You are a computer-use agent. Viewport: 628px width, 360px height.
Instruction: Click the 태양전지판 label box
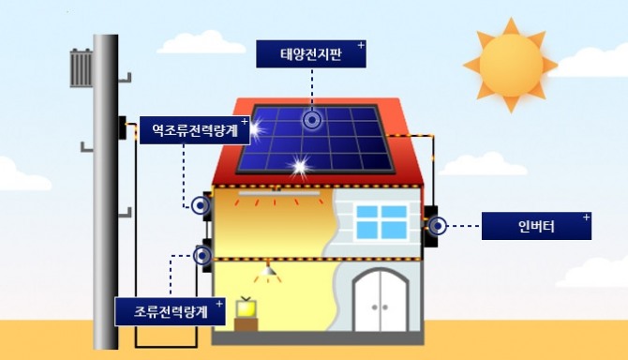click(311, 53)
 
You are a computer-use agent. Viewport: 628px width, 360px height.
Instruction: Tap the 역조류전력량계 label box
click(195, 129)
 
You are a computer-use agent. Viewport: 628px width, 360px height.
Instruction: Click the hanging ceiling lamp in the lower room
click(270, 272)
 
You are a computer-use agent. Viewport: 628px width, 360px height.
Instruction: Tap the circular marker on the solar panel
click(312, 119)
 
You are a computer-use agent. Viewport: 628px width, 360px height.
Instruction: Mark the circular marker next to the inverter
click(438, 225)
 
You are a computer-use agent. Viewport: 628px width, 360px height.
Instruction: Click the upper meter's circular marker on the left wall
click(200, 206)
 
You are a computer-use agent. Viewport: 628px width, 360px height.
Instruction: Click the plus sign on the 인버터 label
click(587, 217)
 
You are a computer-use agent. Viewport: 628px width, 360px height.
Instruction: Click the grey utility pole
click(105, 187)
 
